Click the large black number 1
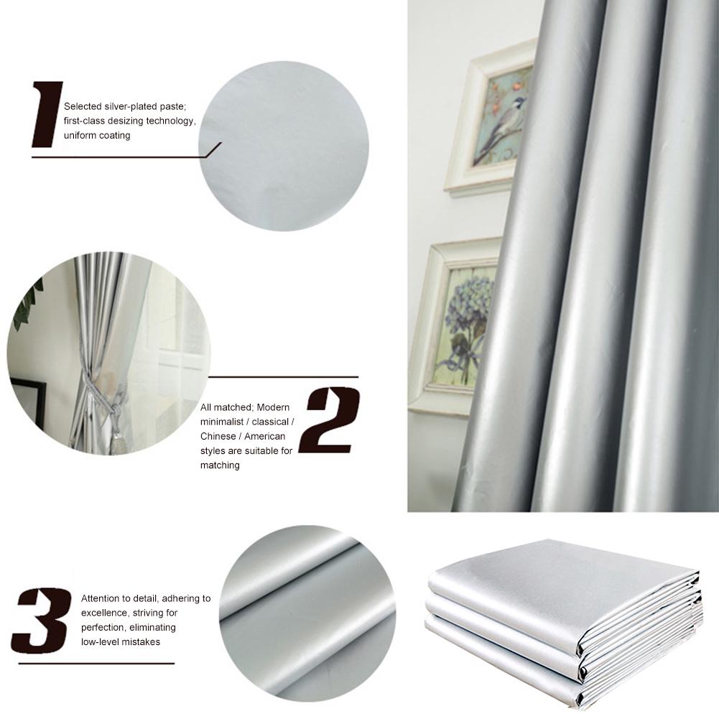pyautogui.click(x=47, y=115)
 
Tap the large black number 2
pyautogui.click(x=329, y=420)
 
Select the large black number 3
pyautogui.click(x=41, y=620)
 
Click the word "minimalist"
pyautogui.click(x=221, y=422)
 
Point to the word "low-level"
pyautogui.click(x=100, y=641)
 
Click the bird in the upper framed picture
pyautogui.click(x=506, y=126)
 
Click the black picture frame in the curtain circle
pyautogui.click(x=28, y=402)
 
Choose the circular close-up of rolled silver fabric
pyautogui.click(x=307, y=613)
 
